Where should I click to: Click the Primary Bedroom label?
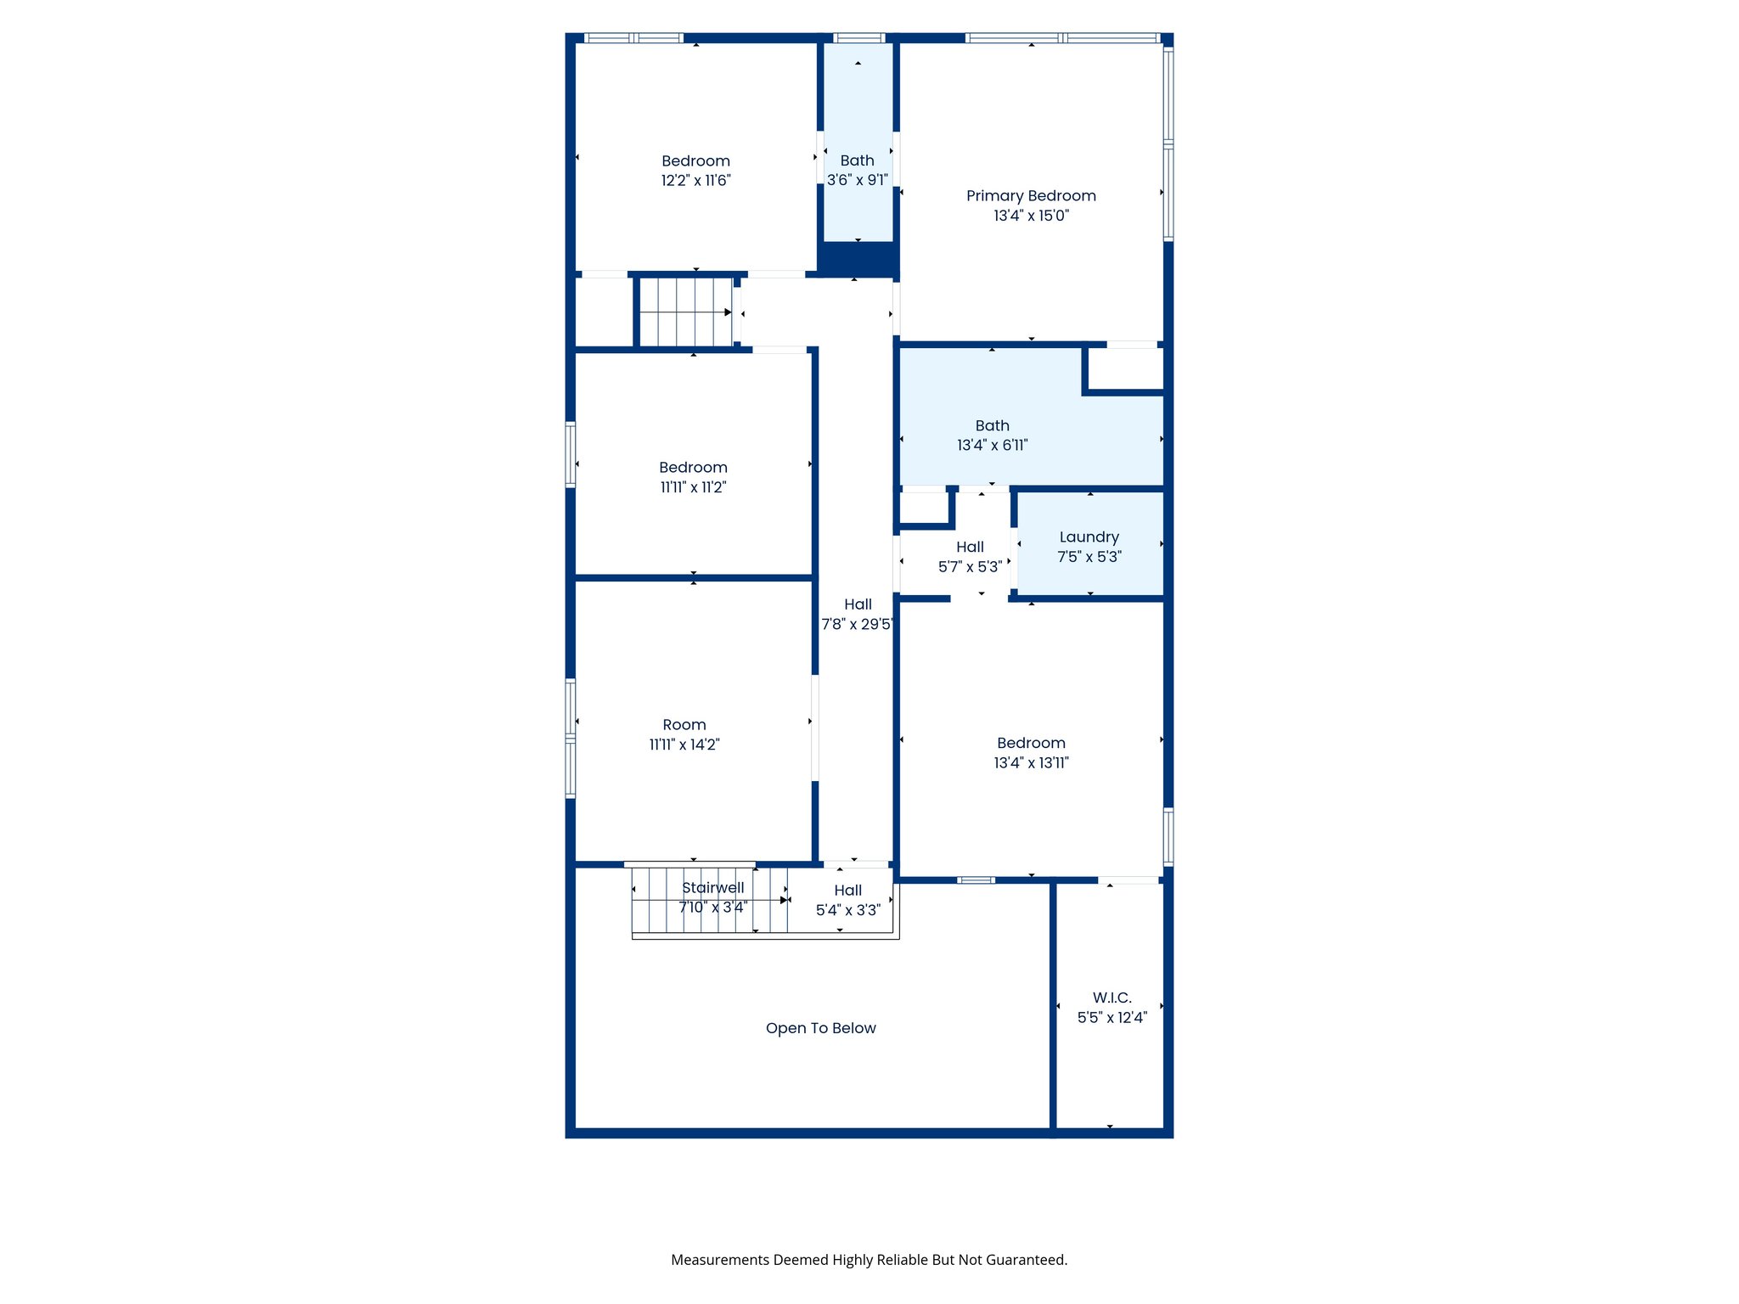1031,196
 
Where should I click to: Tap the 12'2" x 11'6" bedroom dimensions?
695,181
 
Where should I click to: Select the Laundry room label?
1089,537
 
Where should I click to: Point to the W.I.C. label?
1111,998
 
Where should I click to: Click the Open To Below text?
820,1028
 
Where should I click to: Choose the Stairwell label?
712,888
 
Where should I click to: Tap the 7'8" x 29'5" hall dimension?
856,625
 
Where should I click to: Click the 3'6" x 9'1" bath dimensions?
857,180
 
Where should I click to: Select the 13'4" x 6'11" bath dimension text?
992,446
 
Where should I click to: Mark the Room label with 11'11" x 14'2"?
684,725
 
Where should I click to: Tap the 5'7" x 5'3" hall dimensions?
970,567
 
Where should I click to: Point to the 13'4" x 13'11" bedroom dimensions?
1031,763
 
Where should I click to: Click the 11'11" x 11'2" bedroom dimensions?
693,487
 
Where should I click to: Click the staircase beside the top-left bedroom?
685,312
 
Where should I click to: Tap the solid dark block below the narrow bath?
857,258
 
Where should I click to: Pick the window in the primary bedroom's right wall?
1168,144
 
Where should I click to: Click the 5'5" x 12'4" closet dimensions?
1111,1018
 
